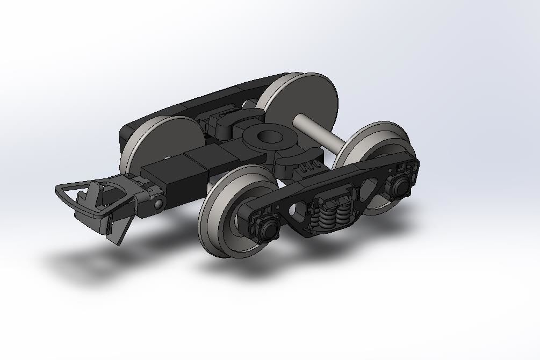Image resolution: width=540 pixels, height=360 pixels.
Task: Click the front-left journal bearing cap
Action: click(268, 229)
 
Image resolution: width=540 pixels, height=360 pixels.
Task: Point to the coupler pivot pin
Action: click(159, 204)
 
